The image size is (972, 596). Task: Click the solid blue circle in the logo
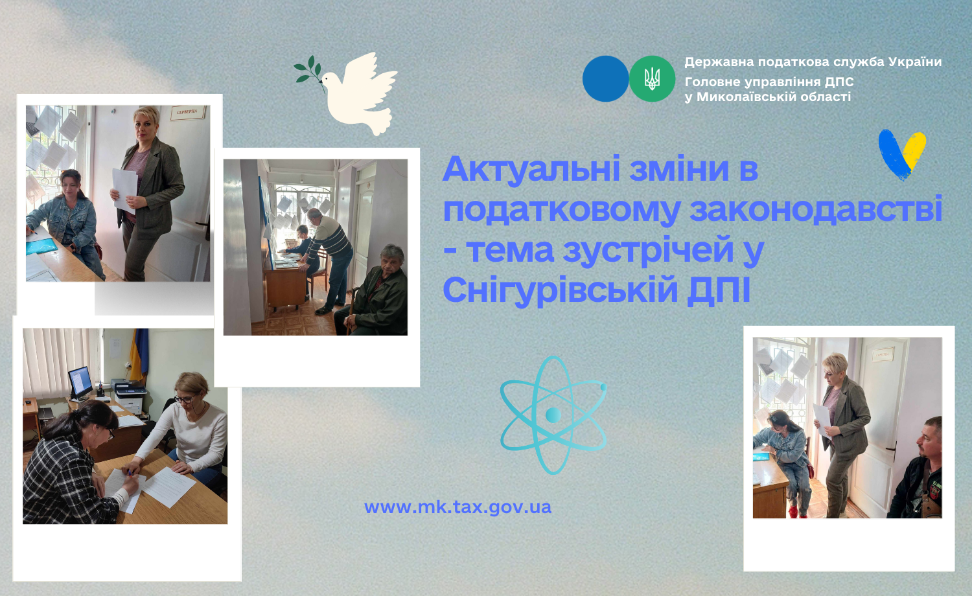pos(605,78)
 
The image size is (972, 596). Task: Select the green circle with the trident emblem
pos(652,78)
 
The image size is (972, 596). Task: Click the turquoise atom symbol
pos(553,415)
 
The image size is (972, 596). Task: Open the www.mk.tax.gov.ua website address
pos(457,507)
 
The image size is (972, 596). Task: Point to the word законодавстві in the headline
pos(816,210)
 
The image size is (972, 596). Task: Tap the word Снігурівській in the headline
pos(561,290)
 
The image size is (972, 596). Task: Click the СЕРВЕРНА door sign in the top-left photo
pos(187,112)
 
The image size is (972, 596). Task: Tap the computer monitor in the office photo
pos(80,383)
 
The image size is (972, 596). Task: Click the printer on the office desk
pos(130,396)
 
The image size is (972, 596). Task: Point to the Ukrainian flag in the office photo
pos(139,354)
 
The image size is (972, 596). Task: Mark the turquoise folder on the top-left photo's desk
pos(41,246)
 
